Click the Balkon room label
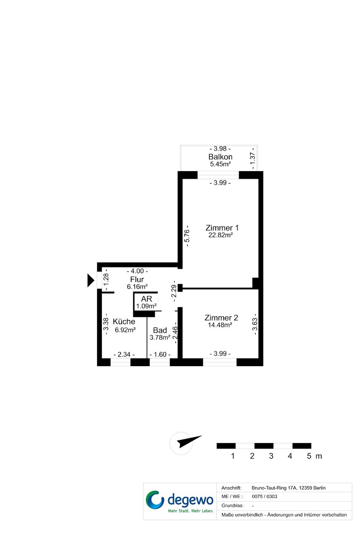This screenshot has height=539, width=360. [x=220, y=157]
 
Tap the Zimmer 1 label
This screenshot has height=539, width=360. [x=222, y=227]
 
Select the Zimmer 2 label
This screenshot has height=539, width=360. [x=221, y=317]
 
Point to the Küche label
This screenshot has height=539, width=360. [x=124, y=321]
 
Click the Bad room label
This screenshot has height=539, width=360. [x=160, y=330]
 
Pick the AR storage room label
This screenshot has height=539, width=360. [x=146, y=299]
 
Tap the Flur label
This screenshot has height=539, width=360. [x=137, y=279]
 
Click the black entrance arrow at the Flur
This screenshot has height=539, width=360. [x=90, y=280]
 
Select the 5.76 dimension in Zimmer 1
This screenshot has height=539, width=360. [x=187, y=236]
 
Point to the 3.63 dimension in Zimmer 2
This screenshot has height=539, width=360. [x=254, y=324]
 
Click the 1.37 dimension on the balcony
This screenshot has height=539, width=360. [x=252, y=159]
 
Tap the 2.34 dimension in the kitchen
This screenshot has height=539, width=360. [x=124, y=354]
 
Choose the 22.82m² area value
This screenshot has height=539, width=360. [x=220, y=235]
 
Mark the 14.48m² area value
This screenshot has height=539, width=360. [x=220, y=325]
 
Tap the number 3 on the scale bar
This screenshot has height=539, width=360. [x=271, y=456]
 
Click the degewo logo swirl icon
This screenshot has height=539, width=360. [x=155, y=500]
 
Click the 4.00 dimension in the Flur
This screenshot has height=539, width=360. [x=137, y=271]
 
